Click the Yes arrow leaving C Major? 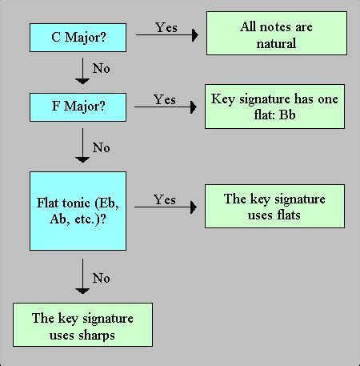pyautogui.click(x=166, y=34)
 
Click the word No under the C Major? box pyautogui.click(x=102, y=69)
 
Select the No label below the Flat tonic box pyautogui.click(x=102, y=278)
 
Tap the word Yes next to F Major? pyautogui.click(x=165, y=99)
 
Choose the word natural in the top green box pyautogui.click(x=276, y=43)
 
